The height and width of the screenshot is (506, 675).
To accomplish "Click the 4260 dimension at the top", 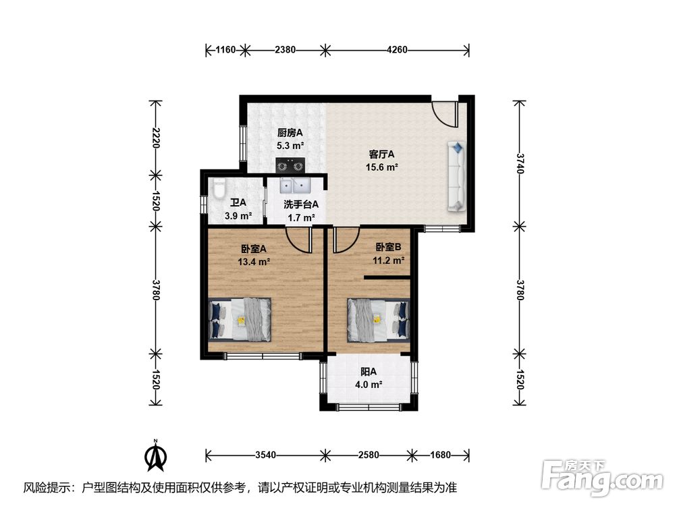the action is tap(397, 50).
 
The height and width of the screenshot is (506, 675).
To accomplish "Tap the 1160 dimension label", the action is tap(225, 50).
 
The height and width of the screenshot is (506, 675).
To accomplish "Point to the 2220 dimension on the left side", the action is tap(156, 138).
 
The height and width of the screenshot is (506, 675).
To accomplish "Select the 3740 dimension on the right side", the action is tap(520, 163).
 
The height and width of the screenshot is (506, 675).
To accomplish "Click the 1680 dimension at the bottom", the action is tap(440, 455).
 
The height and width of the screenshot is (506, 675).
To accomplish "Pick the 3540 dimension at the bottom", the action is tap(265, 455).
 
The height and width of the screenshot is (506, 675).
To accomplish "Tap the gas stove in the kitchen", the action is tap(290, 165).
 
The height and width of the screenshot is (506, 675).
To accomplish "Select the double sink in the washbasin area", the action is tap(296, 186).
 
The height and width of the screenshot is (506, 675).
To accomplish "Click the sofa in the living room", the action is tap(457, 176).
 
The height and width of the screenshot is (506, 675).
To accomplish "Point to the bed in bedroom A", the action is tap(240, 319).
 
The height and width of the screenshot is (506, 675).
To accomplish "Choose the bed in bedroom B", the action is tap(379, 320).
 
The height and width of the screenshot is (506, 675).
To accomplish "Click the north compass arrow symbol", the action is tap(157, 455).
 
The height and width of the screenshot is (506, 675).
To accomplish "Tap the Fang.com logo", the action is tap(602, 478).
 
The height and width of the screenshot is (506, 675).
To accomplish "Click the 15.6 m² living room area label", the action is tap(381, 167).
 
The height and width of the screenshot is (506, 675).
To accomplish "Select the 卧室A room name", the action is tap(253, 248).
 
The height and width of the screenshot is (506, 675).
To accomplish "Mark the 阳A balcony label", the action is tap(369, 371).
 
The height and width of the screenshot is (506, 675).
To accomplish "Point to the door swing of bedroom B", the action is tap(346, 240).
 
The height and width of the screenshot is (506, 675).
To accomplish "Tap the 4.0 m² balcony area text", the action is tap(369, 385).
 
